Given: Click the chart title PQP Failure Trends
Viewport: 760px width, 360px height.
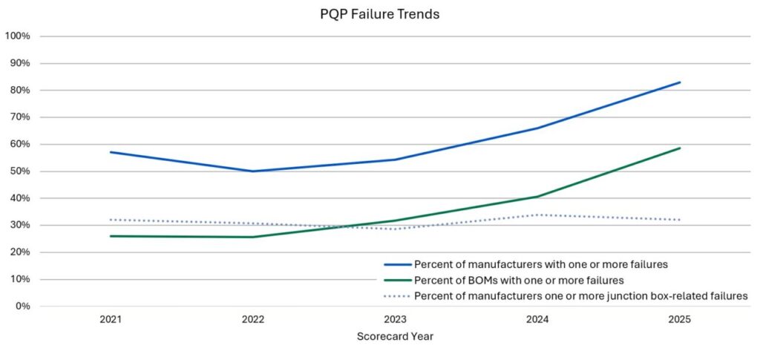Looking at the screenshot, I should [379, 15].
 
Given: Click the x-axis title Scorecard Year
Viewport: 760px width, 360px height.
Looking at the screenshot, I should [395, 336].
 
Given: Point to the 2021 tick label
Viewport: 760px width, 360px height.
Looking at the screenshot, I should [111, 319].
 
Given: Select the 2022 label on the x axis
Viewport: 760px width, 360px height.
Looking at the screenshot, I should [253, 319].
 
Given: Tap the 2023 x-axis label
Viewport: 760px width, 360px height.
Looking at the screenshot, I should [395, 319].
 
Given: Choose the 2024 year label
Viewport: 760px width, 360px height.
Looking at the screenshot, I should [537, 319].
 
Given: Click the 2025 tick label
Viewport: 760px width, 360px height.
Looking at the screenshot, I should [679, 319].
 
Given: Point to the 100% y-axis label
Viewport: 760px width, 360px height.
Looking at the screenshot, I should [17, 36].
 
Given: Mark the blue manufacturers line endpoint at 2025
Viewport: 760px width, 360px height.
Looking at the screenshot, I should [679, 82].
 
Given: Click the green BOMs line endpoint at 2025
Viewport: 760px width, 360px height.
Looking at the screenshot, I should [679, 148].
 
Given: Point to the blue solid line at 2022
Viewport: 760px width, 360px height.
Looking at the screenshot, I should [253, 171].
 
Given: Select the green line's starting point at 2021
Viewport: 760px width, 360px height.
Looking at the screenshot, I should [111, 236].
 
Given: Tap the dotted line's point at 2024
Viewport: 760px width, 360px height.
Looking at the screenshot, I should [537, 215].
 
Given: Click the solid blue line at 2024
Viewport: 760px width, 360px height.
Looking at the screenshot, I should [537, 128].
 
